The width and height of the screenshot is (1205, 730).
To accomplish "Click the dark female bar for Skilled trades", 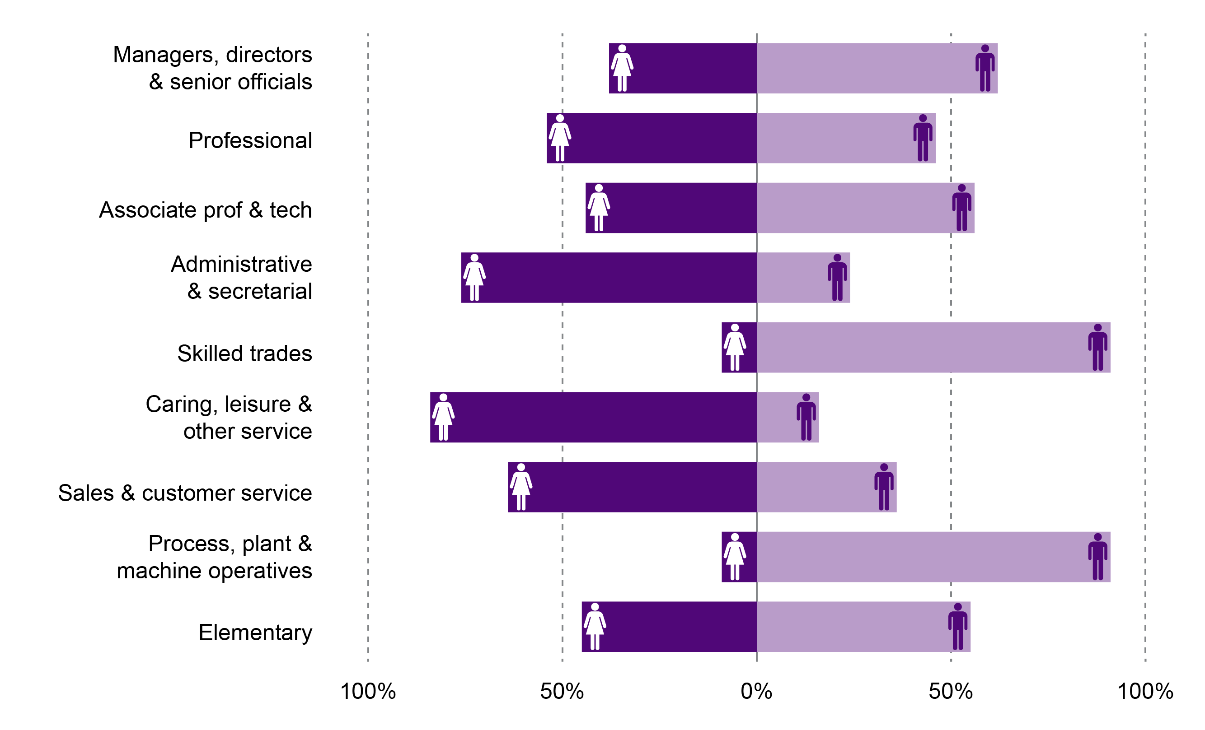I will (749, 348).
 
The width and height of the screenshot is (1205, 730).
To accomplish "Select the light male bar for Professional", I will (831, 138).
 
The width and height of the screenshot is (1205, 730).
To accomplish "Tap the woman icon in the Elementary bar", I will (595, 627).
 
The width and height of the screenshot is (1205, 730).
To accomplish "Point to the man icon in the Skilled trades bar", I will (1097, 348).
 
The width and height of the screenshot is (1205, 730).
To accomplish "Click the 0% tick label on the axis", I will (756, 691).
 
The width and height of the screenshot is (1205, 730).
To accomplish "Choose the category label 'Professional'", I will (250, 141).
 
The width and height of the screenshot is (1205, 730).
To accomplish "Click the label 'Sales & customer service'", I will (185, 493).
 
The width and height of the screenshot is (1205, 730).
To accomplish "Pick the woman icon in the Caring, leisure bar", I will (443, 417).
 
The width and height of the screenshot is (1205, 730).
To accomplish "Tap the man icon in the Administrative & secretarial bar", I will (837, 278).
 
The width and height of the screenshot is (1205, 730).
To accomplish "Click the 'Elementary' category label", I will (255, 633).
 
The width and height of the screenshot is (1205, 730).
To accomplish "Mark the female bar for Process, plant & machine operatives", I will (749, 557).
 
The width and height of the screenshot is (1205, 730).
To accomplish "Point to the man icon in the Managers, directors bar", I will (985, 68).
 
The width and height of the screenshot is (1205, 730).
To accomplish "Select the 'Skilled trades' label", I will (244, 353).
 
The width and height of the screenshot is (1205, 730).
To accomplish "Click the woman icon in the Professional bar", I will (559, 138).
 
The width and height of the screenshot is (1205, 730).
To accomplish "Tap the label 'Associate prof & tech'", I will (206, 210).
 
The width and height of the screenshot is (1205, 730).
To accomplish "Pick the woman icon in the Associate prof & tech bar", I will (599, 208).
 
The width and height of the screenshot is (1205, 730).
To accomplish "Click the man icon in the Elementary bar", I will (957, 627).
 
